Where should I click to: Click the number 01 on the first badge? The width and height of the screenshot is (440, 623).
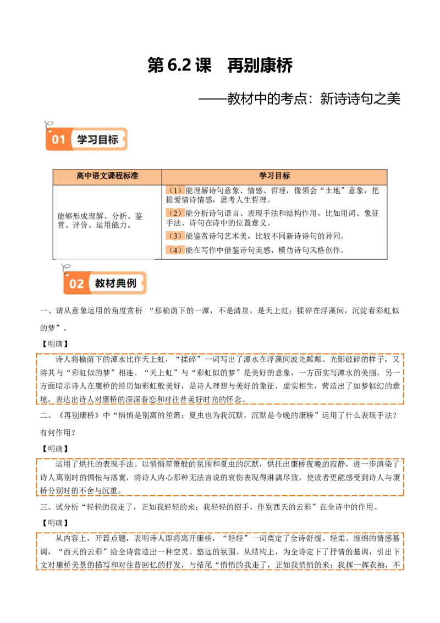[x=58, y=140]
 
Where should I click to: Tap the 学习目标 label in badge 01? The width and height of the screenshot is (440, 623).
[x=98, y=140]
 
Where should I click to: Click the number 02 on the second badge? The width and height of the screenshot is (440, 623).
[x=76, y=284]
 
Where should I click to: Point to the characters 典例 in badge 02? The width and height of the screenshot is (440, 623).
[x=126, y=283]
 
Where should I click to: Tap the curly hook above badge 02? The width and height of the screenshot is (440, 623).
[x=65, y=269]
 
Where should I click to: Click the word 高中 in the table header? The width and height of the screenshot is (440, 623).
[x=84, y=176]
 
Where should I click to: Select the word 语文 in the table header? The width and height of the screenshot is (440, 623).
[x=100, y=176]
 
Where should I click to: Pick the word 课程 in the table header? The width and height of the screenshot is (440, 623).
[x=115, y=176]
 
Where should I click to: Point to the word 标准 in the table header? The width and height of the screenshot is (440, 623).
[x=130, y=176]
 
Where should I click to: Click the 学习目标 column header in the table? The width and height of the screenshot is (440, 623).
[x=274, y=176]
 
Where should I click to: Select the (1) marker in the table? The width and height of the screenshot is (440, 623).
[x=175, y=190]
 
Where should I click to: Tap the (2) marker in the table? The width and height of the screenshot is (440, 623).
[x=175, y=213]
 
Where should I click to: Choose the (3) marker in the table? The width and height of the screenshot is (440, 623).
[x=175, y=236]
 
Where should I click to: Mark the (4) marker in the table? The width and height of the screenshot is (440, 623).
[x=175, y=250]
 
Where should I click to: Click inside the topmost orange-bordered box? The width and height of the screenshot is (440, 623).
[x=220, y=379]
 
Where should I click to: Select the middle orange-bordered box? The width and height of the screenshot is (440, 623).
[x=220, y=477]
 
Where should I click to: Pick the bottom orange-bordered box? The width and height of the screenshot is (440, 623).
[x=220, y=551]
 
